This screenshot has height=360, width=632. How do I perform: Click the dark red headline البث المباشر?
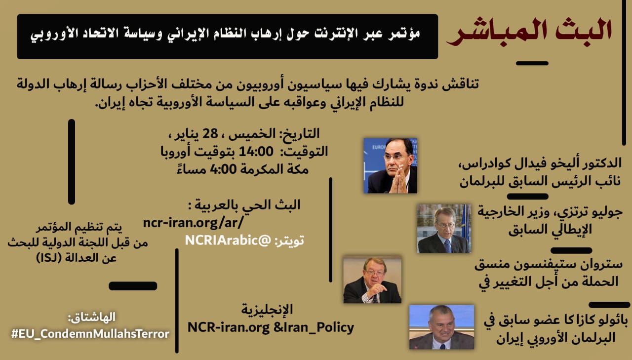[x=529, y=33]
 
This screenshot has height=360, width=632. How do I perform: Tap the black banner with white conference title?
[x=228, y=37]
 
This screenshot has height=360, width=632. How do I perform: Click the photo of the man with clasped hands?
[x=390, y=166]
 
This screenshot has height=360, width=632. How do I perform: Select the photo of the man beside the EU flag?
[x=444, y=228]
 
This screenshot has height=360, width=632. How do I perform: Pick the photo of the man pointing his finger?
[x=372, y=280]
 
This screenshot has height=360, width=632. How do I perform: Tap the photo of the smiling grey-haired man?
[x=441, y=327]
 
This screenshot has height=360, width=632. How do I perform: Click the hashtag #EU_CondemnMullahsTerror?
[x=90, y=334]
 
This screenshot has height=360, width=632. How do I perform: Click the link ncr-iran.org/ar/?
[x=193, y=223]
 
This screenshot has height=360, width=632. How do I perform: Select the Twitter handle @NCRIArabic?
[x=228, y=240]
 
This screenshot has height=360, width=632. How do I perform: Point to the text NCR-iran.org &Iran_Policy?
[x=271, y=327]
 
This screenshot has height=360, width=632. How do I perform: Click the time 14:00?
[x=256, y=152]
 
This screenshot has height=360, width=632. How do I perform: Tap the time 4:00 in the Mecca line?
[x=223, y=169]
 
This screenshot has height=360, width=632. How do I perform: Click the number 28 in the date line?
[x=210, y=133]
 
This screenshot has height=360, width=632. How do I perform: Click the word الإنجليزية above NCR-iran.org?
[x=267, y=310]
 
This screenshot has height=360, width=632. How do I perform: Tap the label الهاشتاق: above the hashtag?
[x=92, y=318]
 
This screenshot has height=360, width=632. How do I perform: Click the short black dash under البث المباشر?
[x=532, y=64]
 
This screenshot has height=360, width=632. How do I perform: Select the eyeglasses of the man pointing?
[x=374, y=273]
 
